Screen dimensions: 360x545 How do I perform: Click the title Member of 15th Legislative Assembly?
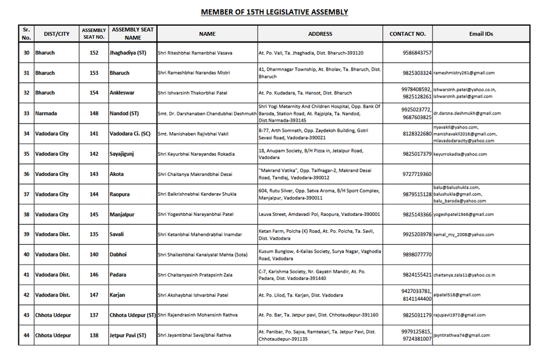[x=274, y=12]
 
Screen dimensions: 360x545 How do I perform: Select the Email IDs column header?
[x=481, y=34]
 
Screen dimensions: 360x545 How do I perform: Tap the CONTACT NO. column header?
[x=407, y=34]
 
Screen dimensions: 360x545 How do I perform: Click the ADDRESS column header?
[x=320, y=34]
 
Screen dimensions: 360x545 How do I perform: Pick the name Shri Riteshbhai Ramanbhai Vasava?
[x=195, y=53]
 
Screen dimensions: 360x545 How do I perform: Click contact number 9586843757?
[x=417, y=53]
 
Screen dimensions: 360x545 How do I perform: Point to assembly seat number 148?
[x=94, y=114]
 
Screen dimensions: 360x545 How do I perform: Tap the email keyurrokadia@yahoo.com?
[x=460, y=154]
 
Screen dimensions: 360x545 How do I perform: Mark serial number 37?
[x=26, y=194]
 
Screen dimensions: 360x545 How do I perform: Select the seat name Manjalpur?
[x=122, y=214]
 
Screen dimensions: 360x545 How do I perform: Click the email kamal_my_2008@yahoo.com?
[x=464, y=235]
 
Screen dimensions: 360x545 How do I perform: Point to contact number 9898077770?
[x=417, y=255]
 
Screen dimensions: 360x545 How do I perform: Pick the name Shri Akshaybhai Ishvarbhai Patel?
[x=193, y=295]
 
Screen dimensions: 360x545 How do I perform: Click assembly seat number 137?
[x=94, y=315]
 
